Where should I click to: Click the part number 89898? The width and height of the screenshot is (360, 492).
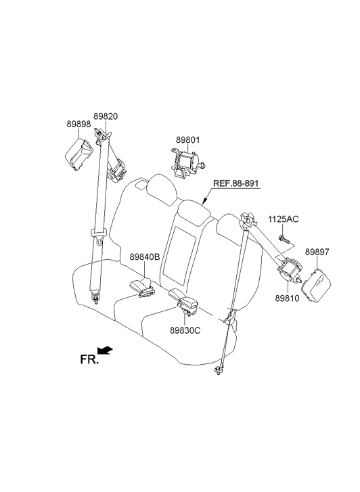tap(78, 125)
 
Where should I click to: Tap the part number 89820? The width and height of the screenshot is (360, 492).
tap(106, 116)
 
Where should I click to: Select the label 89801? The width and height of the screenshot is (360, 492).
tap(187, 140)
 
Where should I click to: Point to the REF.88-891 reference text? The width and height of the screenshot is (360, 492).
tap(237, 183)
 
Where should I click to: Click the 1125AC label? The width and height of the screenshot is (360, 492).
tap(284, 219)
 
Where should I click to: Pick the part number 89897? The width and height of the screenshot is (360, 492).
tap(317, 252)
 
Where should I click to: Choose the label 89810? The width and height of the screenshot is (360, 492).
tap(287, 298)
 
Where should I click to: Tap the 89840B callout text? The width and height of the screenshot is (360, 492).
tap(145, 257)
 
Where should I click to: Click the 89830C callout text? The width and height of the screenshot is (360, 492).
tap(185, 330)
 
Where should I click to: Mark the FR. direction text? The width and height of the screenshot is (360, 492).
tap(89, 359)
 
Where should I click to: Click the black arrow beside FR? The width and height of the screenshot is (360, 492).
tap(104, 350)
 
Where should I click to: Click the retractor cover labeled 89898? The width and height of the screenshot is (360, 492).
tap(78, 155)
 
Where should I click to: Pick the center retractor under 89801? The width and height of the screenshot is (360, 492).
tap(187, 163)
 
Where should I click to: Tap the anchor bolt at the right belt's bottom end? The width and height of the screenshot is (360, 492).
tap(217, 371)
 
